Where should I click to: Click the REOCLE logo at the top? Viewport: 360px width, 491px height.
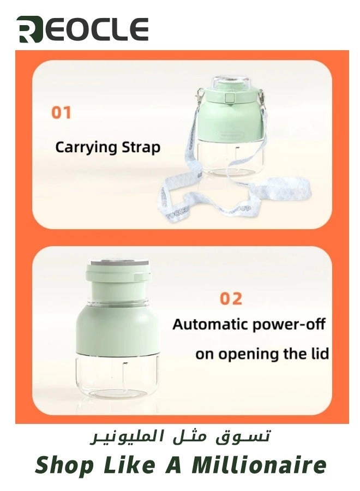[x=82, y=29]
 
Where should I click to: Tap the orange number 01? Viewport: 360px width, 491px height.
[x=61, y=113]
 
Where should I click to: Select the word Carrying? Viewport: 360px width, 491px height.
[x=86, y=147]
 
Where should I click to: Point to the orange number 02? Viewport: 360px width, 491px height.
[x=231, y=299]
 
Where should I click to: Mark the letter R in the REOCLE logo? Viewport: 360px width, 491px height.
[x=28, y=29]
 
